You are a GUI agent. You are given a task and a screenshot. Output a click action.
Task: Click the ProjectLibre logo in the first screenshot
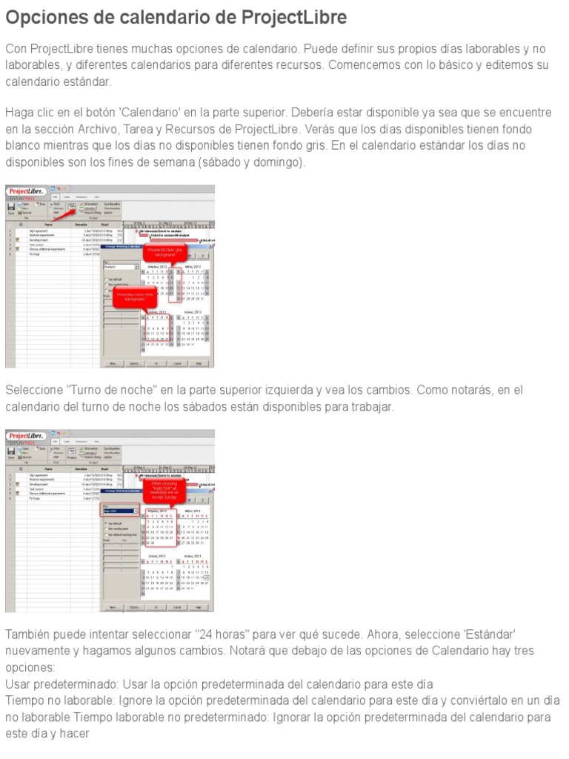point(27,191)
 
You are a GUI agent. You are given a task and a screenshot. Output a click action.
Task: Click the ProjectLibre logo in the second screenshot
point(27,436)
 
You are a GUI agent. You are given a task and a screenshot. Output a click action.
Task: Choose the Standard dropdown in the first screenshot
point(121,266)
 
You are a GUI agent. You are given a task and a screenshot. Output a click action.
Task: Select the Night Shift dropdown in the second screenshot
point(121,511)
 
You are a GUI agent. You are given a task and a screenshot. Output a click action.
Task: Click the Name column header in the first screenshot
point(48,224)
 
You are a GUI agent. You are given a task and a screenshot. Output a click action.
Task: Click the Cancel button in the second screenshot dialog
point(177,608)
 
